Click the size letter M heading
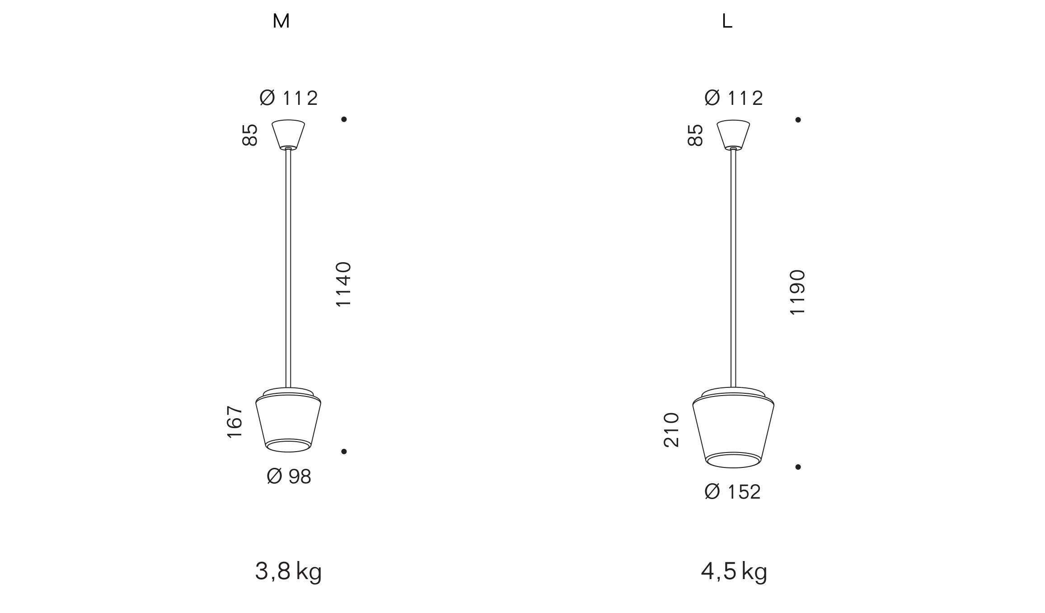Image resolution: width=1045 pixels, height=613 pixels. tap(281, 21)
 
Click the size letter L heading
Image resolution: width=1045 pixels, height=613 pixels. tap(726, 21)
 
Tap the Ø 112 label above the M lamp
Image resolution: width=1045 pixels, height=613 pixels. tap(289, 98)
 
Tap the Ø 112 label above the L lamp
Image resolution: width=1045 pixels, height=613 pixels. tap(734, 98)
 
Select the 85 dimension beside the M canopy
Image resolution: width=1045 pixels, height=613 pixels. tap(250, 135)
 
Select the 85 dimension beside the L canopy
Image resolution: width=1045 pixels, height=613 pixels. tap(695, 135)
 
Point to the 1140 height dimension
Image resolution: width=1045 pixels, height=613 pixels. tap(343, 284)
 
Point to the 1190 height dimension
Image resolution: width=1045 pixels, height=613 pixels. tap(797, 292)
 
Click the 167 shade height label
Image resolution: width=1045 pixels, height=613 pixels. tap(235, 422)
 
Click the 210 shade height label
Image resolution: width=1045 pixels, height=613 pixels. tap(671, 430)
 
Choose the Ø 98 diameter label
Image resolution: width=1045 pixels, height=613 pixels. tap(289, 476)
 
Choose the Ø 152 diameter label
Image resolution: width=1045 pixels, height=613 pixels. tap(732, 492)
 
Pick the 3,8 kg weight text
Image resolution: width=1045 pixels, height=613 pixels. tap(288, 572)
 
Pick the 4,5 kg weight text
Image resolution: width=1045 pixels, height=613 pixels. tap(734, 572)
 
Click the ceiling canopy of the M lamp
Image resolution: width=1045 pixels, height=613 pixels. tap(288, 134)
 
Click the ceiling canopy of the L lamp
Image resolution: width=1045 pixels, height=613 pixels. tap(733, 134)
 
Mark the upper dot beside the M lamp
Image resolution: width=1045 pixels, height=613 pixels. tap(344, 119)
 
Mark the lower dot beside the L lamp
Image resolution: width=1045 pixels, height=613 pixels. tap(798, 467)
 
